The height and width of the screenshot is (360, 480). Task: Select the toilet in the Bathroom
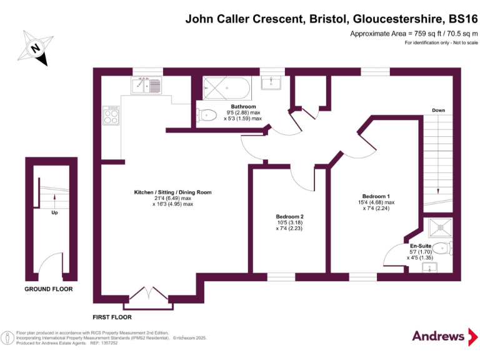[x=206, y=114]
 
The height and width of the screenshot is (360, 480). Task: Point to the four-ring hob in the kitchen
[x=111, y=115]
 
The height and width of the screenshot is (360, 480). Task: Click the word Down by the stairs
[x=438, y=111]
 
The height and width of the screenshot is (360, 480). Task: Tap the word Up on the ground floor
[x=54, y=212]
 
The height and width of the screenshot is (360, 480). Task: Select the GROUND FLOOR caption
[x=49, y=289]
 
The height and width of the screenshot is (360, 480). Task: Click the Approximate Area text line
[x=414, y=33]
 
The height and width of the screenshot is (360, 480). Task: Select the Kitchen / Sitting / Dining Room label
[x=173, y=192]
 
